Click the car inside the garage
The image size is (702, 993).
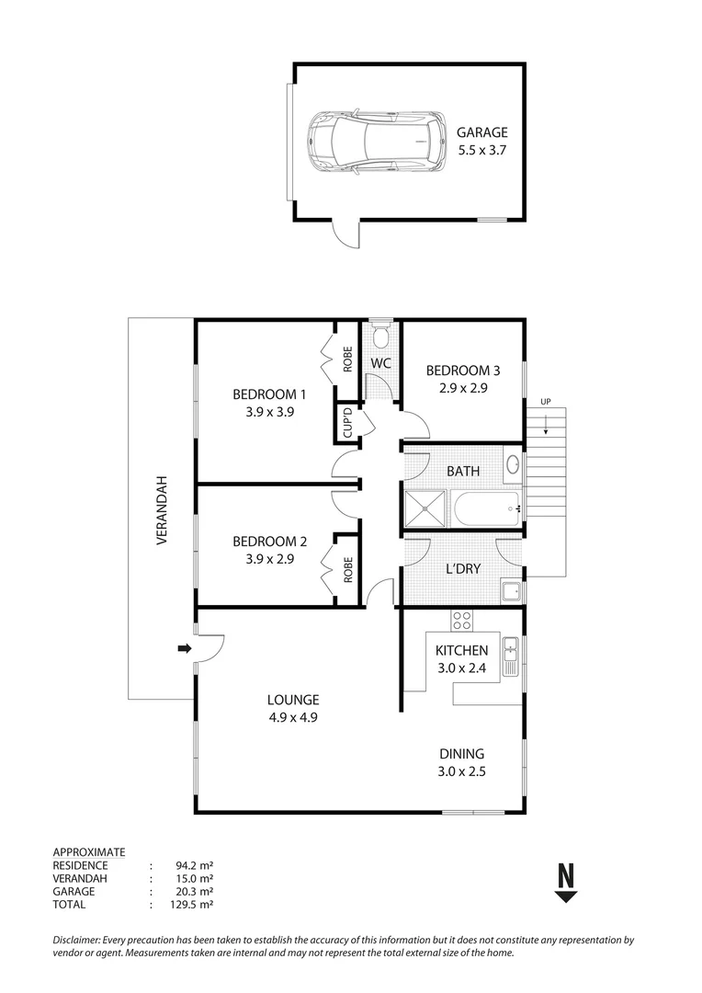tap(372, 142)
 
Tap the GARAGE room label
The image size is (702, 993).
tap(481, 132)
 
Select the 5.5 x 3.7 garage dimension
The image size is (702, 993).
tap(481, 151)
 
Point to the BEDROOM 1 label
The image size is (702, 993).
tap(269, 394)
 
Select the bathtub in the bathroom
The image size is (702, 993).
tap(484, 508)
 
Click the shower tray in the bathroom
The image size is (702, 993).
tap(425, 508)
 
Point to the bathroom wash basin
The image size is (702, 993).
tap(513, 464)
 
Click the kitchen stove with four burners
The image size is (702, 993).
tap(462, 620)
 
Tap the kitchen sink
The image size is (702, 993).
tap(510, 653)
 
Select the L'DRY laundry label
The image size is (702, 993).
tap(463, 568)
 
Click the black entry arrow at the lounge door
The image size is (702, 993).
tap(184, 649)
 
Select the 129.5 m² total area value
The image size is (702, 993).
tap(194, 905)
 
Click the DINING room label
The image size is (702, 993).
tap(462, 754)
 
